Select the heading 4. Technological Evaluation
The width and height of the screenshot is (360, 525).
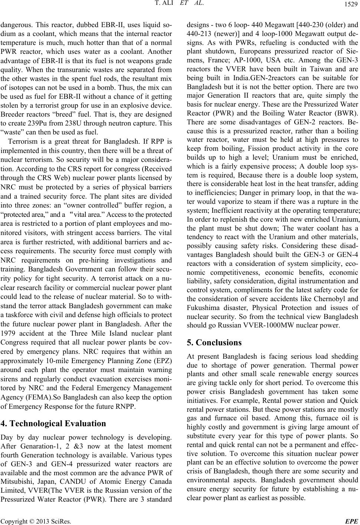coord(54,423)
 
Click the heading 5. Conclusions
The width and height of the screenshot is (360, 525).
coord(215,342)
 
